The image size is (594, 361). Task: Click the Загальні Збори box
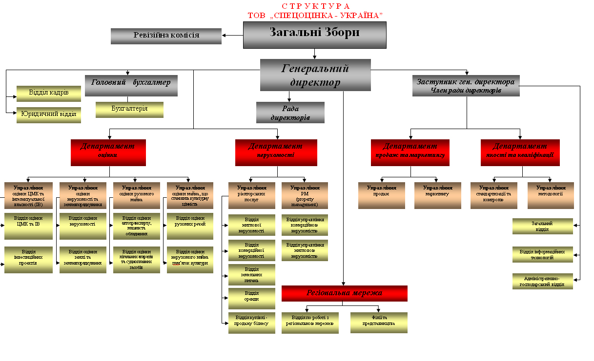[314, 35]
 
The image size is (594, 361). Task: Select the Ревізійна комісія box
[166, 36]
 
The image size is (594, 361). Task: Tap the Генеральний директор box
[315, 75]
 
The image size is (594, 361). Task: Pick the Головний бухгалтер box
[131, 85]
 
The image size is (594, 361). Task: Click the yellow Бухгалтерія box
[129, 109]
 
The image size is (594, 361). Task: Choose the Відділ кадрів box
[48, 93]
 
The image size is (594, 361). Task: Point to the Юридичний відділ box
[48, 115]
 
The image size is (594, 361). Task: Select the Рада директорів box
[290, 113]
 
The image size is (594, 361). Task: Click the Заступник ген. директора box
[466, 86]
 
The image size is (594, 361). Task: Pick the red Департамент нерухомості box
[276, 152]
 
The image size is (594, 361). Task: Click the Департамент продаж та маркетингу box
[410, 152]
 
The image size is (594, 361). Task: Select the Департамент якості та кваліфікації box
[520, 152]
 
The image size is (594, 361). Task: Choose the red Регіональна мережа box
[344, 293]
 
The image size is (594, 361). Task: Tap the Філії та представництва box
[378, 323]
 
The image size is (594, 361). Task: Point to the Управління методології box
[551, 195]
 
